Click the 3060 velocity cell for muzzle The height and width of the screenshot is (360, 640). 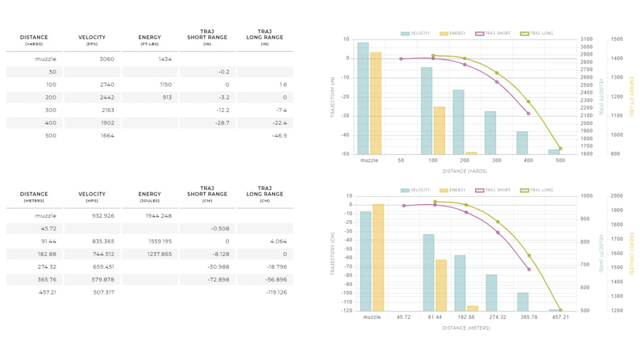point(107,59)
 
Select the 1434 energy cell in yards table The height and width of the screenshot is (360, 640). point(164,59)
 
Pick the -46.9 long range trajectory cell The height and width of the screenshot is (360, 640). point(279,135)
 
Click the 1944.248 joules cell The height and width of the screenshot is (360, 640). point(158,215)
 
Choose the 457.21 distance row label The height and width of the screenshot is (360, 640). point(47,292)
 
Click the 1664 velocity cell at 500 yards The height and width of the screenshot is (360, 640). point(107,135)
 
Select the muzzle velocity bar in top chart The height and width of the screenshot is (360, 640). point(363,98)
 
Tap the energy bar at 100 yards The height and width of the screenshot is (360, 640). point(439,130)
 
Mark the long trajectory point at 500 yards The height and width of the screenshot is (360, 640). point(560,149)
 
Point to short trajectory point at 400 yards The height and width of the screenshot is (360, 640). point(528,114)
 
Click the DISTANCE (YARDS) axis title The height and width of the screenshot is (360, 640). point(465,171)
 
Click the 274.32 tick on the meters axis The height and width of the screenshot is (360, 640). point(497,317)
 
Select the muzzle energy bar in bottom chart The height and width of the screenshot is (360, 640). point(378,258)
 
